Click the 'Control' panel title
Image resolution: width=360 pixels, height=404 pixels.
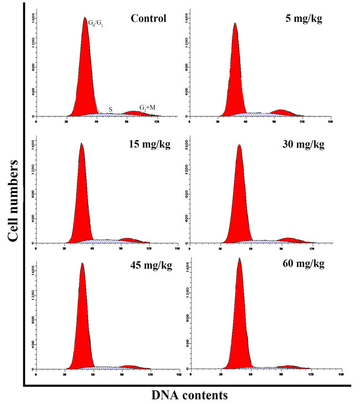tap(148, 18)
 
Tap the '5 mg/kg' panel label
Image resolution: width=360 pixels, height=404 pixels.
tap(301, 18)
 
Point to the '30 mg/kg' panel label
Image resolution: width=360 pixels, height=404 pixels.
tap(302, 145)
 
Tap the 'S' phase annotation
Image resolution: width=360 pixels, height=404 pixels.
tap(111, 110)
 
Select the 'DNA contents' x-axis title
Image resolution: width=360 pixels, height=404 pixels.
tap(189, 395)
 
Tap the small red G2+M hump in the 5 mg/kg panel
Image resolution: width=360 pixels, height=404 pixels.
tap(281, 112)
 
